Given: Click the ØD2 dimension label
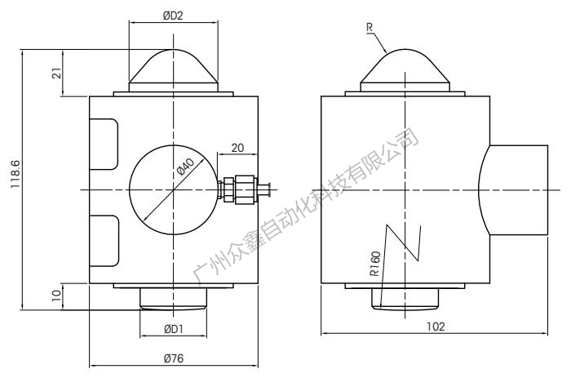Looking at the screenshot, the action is click(173, 16).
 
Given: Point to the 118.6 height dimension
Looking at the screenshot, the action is click(15, 174).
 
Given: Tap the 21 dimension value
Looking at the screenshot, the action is click(57, 73).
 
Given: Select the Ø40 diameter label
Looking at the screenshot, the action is click(185, 166).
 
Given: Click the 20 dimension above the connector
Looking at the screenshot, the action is click(237, 148).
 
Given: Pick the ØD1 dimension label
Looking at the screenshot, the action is click(173, 330).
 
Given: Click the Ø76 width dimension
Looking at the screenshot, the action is click(173, 358).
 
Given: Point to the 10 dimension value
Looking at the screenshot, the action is click(57, 296).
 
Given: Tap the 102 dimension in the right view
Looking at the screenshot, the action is click(436, 327).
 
